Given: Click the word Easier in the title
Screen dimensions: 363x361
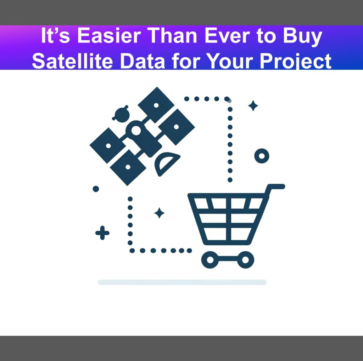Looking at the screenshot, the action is click(x=109, y=36).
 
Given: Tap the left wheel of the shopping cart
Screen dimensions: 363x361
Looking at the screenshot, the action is click(x=210, y=260).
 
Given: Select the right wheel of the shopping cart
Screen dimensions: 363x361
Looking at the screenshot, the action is click(x=245, y=260).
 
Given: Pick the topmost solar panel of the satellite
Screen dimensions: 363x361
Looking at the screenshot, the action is click(x=156, y=105).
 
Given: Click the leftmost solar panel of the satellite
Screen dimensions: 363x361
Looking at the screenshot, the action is click(x=108, y=145).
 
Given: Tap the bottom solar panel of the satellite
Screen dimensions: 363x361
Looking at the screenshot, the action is click(x=128, y=167).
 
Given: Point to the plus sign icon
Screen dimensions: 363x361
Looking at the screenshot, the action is click(x=102, y=233).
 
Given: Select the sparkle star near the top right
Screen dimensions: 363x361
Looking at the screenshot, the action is click(x=253, y=105).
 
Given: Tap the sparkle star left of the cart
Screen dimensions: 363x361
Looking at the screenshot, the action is click(x=159, y=213).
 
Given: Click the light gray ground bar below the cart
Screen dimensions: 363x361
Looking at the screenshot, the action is click(x=182, y=282).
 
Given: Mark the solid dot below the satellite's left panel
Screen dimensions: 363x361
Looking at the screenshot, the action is click(x=96, y=189).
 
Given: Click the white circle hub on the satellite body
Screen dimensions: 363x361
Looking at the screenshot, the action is click(x=136, y=130).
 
